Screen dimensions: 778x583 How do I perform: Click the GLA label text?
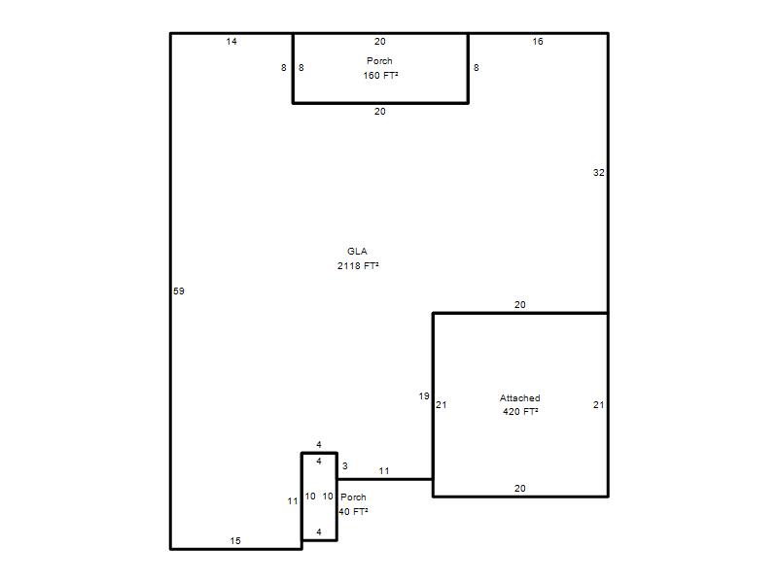pyautogui.click(x=357, y=252)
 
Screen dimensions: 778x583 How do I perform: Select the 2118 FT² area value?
pyautogui.click(x=358, y=265)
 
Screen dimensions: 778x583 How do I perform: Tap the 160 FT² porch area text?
pyautogui.click(x=380, y=76)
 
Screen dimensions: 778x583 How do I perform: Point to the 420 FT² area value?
pyautogui.click(x=520, y=411)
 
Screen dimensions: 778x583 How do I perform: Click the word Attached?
pyautogui.click(x=520, y=398)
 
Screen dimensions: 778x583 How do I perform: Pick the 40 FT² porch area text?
pyautogui.click(x=353, y=512)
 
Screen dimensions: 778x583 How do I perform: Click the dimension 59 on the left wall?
pyautogui.click(x=179, y=291)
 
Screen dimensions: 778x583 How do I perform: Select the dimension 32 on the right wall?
pyautogui.click(x=599, y=173)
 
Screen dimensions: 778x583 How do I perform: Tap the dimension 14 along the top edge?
pyautogui.click(x=231, y=42)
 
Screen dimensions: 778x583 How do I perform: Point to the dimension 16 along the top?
pyautogui.click(x=538, y=42)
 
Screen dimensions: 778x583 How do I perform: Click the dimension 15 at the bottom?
pyautogui.click(x=235, y=541)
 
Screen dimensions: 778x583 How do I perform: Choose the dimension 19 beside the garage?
pyautogui.click(x=424, y=396)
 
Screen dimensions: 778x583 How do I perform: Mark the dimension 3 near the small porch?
pyautogui.click(x=345, y=466)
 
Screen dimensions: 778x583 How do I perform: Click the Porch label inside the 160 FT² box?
pyautogui.click(x=379, y=61)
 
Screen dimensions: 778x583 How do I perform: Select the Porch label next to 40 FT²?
pyautogui.click(x=353, y=497)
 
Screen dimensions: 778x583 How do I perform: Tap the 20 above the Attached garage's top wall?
pyautogui.click(x=520, y=305)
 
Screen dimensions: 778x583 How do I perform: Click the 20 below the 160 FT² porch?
pyautogui.click(x=380, y=112)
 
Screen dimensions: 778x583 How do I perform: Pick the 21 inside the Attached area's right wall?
pyautogui.click(x=599, y=405)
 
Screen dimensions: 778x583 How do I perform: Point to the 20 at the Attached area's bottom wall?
pyautogui.click(x=520, y=489)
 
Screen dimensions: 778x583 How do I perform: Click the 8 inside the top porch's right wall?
pyautogui.click(x=477, y=67)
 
